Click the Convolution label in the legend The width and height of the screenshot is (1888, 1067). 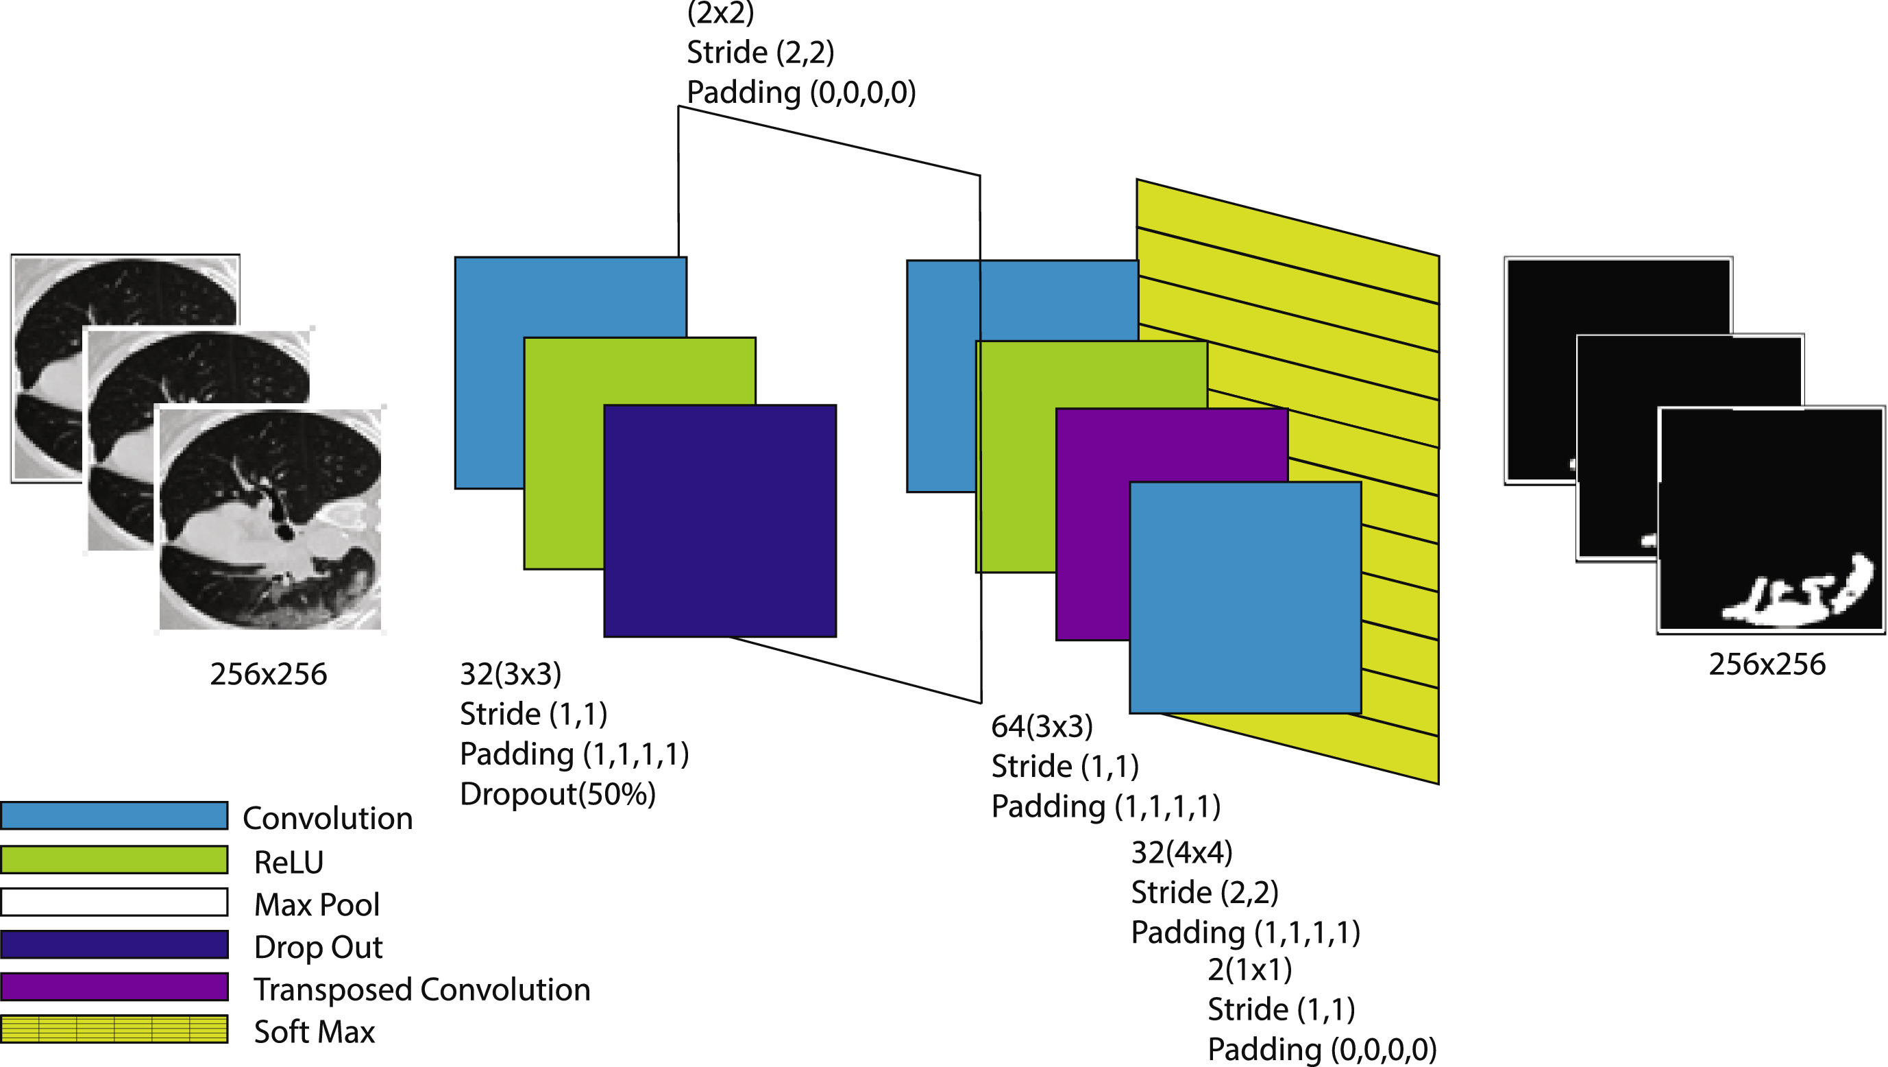click(x=328, y=818)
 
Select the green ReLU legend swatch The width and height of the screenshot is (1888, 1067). click(x=114, y=859)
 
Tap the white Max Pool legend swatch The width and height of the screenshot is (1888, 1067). click(x=114, y=902)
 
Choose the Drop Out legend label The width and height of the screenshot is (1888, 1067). click(x=318, y=947)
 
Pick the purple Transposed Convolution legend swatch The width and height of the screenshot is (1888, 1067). click(x=114, y=986)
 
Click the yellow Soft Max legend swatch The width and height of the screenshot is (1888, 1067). click(x=114, y=1029)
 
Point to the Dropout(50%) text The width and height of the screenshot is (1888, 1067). click(x=557, y=793)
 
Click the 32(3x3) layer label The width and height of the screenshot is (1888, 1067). click(x=510, y=674)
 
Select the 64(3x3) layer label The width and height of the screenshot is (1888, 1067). click(x=1042, y=726)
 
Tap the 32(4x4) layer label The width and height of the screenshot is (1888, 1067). click(x=1181, y=852)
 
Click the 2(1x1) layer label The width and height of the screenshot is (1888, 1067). click(x=1249, y=970)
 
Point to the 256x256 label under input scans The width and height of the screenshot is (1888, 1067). click(x=268, y=674)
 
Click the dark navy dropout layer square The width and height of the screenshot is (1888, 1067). click(x=720, y=520)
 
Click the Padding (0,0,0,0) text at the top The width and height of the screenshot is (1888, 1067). click(x=801, y=93)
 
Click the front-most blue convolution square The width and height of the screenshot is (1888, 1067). click(x=1245, y=597)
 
